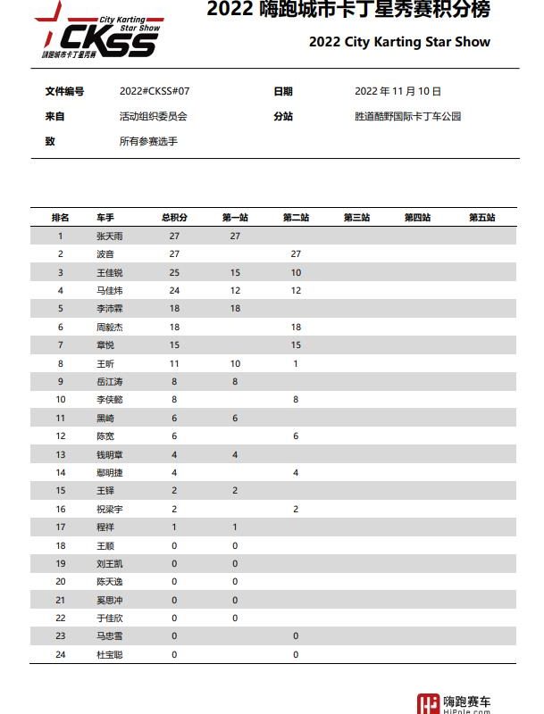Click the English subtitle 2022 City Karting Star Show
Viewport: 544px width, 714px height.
tap(399, 42)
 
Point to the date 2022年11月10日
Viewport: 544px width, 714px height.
tap(398, 92)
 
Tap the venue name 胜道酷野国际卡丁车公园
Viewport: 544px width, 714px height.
tap(407, 116)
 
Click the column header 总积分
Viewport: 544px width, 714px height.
tap(174, 218)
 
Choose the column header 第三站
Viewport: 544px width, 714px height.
tap(356, 218)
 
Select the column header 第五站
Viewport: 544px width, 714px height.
tap(481, 218)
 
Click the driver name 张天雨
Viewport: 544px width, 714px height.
tap(110, 237)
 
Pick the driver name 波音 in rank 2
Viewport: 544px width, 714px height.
tap(105, 254)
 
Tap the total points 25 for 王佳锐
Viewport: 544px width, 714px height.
tap(174, 273)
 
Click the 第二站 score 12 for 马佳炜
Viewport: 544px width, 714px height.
tap(296, 291)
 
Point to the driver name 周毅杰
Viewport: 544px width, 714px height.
tap(110, 328)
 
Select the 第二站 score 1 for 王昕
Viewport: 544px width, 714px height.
tap(296, 364)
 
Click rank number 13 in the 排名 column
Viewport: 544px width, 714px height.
tap(61, 455)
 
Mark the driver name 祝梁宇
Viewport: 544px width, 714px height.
tap(110, 510)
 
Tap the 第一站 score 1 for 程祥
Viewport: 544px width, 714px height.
tap(235, 527)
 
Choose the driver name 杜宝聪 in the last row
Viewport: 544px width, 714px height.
tap(110, 655)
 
